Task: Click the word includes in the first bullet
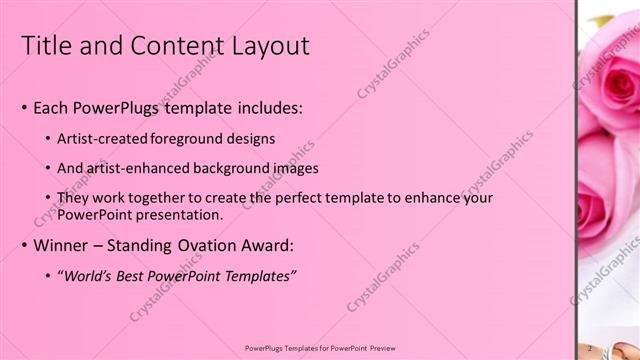pos(264,108)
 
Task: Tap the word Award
pos(264,245)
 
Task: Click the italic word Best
pos(135,275)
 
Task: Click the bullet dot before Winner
pos(24,246)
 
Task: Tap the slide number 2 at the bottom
pos(592,347)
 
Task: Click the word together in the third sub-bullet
pos(153,198)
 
